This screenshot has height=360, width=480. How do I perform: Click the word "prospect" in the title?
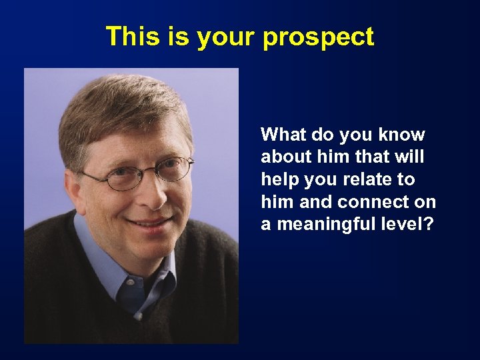[318, 37]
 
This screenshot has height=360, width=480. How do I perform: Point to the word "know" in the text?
[401, 135]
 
